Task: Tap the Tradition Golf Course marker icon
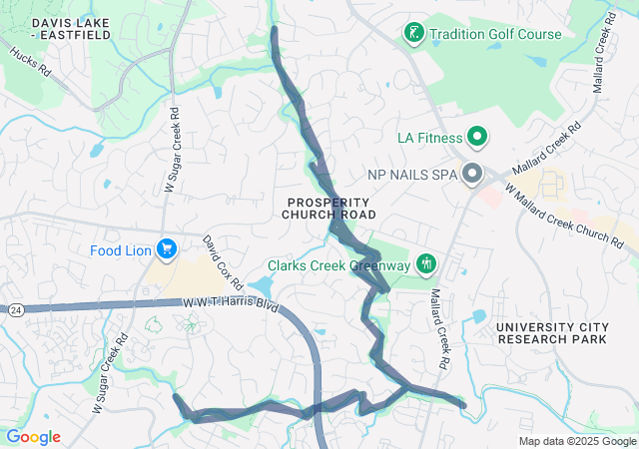click(x=412, y=34)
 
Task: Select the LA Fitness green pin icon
click(x=477, y=137)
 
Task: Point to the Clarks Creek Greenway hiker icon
click(x=427, y=264)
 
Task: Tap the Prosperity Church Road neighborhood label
click(x=328, y=208)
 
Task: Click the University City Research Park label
click(x=551, y=333)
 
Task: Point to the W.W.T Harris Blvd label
click(x=230, y=303)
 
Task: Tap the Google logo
click(x=33, y=437)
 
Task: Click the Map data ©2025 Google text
click(x=577, y=441)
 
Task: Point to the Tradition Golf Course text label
click(x=495, y=34)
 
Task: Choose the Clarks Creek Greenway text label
click(x=338, y=265)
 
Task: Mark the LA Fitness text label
click(x=429, y=138)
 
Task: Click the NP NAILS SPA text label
click(x=411, y=175)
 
